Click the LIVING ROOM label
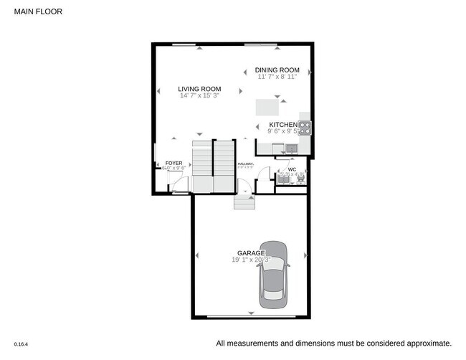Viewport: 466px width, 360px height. point(199,88)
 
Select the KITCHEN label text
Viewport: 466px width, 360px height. point(282,124)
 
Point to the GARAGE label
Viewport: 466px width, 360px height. point(252,253)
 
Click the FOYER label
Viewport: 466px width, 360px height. point(174,164)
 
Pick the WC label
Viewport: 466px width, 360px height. point(292,169)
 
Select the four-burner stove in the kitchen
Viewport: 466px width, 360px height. point(305,128)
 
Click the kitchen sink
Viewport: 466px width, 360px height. point(290,148)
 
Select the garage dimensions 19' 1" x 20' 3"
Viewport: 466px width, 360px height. point(252,260)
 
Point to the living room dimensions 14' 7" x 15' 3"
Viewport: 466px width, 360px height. point(199,95)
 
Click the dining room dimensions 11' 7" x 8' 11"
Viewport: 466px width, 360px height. point(282,76)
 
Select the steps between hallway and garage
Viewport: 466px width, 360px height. point(244,202)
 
